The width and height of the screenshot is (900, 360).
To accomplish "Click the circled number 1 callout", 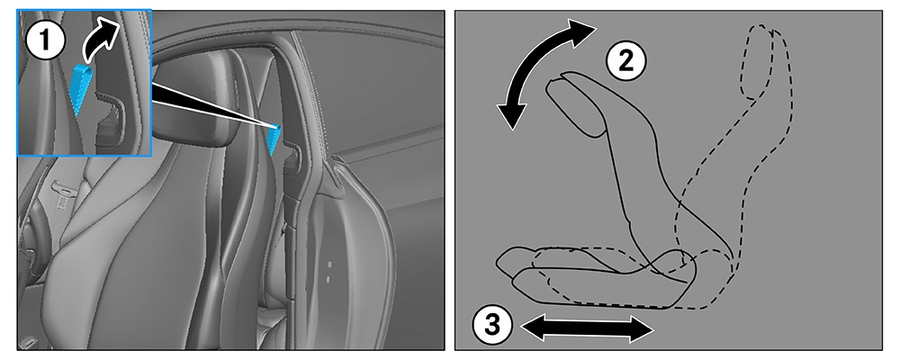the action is tap(46, 40).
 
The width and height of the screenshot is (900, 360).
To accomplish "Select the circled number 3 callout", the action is tap(492, 326).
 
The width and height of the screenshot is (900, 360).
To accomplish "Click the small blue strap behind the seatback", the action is tap(274, 139).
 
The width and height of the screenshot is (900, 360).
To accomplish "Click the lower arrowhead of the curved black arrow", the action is tap(509, 114).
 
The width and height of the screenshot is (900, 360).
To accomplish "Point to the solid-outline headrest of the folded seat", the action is tap(576, 106).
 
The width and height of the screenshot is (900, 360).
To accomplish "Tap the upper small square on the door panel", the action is tap(329, 265).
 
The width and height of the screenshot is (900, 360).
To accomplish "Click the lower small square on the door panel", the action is tap(328, 278).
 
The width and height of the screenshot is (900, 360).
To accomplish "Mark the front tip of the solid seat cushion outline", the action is tap(497, 261).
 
